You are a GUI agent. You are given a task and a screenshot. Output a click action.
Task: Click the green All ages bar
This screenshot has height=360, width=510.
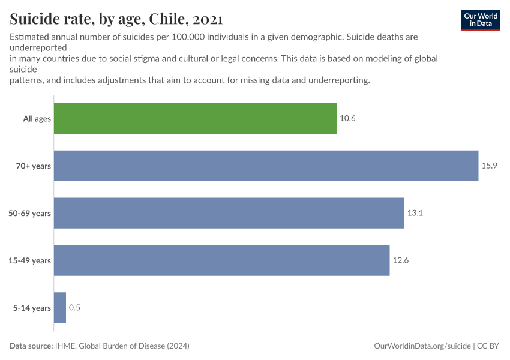[195, 118]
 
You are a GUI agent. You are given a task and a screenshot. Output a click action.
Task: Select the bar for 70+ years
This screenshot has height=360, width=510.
[266, 166]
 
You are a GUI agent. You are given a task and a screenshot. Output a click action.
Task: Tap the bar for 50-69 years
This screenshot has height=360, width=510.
[229, 213]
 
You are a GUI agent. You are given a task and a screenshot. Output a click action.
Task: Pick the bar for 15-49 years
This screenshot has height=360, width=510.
[221, 260]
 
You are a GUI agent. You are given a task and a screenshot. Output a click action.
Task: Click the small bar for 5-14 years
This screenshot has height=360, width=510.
[60, 308]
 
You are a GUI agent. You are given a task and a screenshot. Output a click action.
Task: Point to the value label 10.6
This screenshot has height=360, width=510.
[348, 118]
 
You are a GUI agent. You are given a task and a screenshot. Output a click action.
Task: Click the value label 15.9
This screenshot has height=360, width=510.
[490, 166]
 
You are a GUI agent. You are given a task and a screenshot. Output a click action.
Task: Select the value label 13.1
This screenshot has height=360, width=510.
[415, 213]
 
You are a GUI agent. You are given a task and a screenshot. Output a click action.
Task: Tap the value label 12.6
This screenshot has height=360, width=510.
[401, 260]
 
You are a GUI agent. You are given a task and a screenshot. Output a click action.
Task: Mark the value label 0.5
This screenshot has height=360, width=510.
[74, 308]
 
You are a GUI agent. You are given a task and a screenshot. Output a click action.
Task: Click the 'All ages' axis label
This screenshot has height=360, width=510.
[37, 119]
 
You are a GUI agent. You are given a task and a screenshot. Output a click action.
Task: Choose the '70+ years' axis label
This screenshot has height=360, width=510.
[34, 166]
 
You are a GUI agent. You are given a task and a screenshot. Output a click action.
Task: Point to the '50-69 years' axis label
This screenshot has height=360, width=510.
[30, 214]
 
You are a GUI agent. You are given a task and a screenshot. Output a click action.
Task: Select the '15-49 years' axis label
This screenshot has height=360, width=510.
[30, 261]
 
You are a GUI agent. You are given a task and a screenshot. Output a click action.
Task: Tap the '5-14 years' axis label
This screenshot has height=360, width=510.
[32, 308]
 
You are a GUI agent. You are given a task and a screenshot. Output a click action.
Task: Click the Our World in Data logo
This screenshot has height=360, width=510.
[480, 20]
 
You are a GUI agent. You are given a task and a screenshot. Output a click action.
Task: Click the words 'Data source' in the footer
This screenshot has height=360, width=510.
[31, 346]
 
